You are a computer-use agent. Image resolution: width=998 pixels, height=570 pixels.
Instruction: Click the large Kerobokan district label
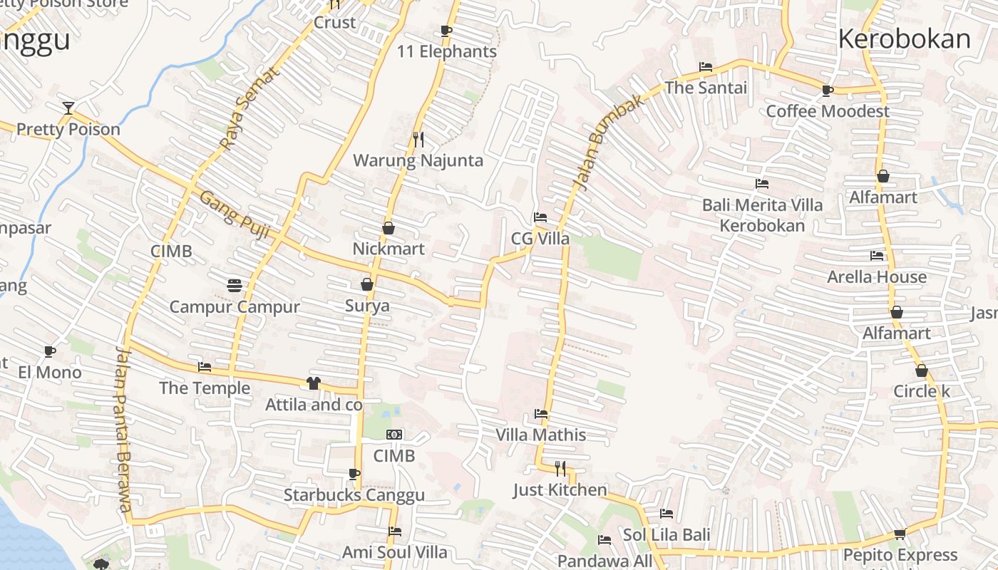904,38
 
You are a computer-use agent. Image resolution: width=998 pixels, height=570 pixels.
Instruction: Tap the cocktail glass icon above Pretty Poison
68,108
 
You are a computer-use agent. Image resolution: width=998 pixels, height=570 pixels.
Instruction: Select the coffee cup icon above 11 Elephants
446,31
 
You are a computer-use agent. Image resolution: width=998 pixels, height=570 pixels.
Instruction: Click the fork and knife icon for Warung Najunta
418,139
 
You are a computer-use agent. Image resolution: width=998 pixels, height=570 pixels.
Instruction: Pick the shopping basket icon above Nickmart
389,228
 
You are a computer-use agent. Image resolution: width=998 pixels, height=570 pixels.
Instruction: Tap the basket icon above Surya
367,285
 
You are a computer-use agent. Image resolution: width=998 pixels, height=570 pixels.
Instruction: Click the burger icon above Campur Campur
235,286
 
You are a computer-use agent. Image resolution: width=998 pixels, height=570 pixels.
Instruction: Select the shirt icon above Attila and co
314,383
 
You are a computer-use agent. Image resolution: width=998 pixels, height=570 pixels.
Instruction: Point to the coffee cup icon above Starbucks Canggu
354,474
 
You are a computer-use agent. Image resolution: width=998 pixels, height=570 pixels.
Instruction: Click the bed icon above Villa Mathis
541,413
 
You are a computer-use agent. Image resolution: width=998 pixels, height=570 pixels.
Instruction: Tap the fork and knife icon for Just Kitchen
560,468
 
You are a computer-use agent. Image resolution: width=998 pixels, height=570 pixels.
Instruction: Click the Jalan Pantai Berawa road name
124,428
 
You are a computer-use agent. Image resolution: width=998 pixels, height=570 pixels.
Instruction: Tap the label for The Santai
706,88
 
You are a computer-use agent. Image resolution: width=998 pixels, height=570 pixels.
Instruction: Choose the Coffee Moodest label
827,111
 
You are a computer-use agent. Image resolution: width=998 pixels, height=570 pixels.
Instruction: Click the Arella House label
877,276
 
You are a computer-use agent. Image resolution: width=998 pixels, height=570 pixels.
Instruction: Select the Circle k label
922,391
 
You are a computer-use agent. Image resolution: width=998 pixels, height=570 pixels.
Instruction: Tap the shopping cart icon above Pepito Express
900,534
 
